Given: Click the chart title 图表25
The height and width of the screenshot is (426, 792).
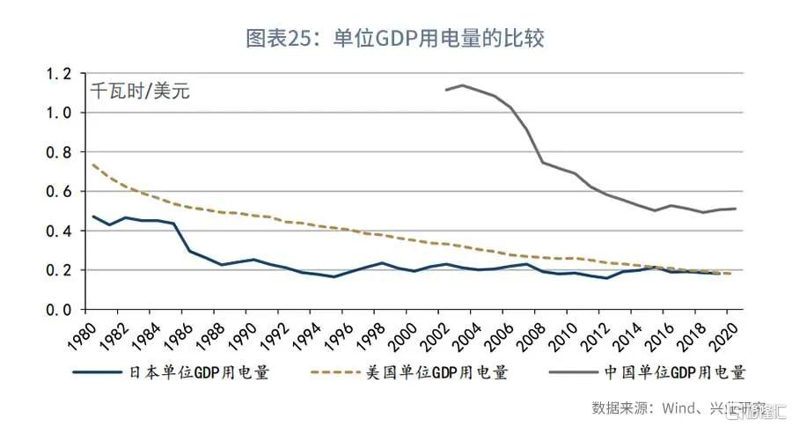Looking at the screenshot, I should point(400,39).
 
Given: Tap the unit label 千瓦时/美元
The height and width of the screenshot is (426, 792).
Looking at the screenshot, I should point(140,90).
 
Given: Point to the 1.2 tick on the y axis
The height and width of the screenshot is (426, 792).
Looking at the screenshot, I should point(58,74).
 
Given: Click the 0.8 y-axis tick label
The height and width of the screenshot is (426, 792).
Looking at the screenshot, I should point(58,152).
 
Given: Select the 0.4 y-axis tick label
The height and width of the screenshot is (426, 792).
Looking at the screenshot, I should point(58,231).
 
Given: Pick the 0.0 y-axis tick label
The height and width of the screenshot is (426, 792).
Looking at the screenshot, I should point(58,310).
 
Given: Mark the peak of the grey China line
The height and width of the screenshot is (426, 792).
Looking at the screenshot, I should point(463,85).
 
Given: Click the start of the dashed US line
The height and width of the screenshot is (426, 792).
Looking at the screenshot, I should point(92,165).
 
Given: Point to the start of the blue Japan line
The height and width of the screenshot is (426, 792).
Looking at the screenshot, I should point(92,216).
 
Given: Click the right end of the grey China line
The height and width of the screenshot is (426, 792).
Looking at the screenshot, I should point(736,209).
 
